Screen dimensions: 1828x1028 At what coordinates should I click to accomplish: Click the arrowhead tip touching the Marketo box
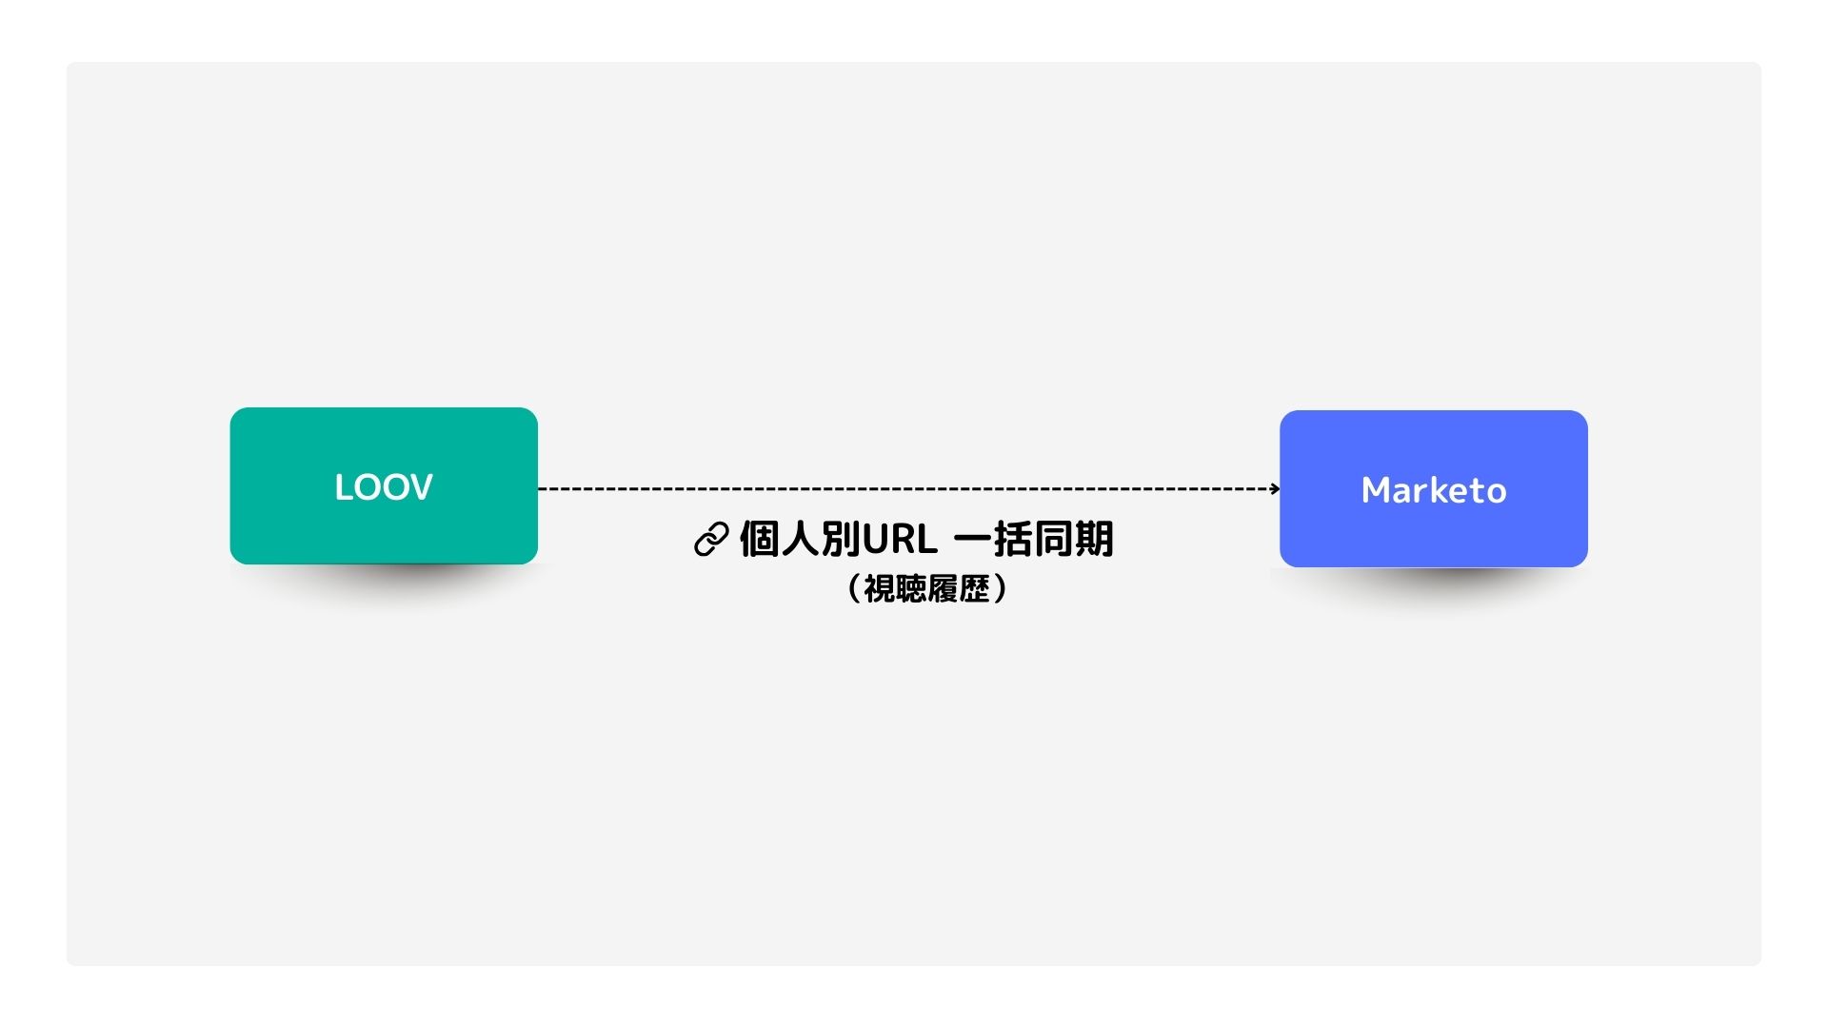tap(1280, 489)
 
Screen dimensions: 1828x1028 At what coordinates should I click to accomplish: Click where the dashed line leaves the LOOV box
tap(539, 489)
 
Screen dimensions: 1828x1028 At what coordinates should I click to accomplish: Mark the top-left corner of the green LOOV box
tap(230, 408)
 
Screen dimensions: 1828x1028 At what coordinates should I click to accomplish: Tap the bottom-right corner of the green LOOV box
tap(537, 563)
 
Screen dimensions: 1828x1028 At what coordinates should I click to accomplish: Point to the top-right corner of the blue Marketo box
tap(1587, 411)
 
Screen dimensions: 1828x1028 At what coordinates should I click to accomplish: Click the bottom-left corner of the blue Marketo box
tap(1281, 566)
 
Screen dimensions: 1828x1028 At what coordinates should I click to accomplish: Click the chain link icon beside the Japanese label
tap(711, 539)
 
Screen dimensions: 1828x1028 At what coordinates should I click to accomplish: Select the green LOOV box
tap(384, 485)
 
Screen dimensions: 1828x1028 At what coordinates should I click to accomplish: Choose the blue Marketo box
tap(1434, 489)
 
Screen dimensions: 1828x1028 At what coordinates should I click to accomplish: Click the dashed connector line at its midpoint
tap(909, 489)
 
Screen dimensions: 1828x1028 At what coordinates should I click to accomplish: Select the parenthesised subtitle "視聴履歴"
tap(926, 588)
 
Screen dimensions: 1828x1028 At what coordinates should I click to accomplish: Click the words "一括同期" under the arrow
tap(1033, 539)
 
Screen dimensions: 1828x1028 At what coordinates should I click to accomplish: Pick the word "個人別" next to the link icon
tap(800, 539)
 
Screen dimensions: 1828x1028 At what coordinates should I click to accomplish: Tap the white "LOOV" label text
tap(384, 487)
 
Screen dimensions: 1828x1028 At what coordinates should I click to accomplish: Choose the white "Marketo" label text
tap(1434, 490)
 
